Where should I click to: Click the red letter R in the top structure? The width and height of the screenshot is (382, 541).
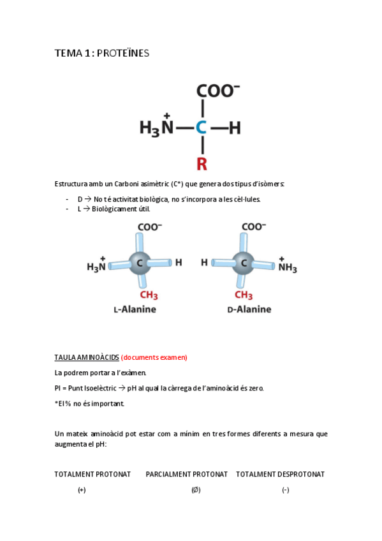pos(202,164)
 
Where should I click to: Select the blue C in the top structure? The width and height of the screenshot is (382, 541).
pos(201,128)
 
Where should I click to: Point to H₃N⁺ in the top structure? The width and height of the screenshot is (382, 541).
pos(157,128)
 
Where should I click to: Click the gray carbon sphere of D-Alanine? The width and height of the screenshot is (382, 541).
pos(243,262)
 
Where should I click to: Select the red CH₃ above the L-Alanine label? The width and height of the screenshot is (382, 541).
pos(148,295)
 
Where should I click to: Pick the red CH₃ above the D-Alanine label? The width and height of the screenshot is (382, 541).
pos(244,295)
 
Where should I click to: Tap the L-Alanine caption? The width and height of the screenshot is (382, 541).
pos(135,309)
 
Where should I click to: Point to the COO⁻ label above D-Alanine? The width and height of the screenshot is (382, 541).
pos(253,226)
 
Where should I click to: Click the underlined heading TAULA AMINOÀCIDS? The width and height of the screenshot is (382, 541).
pos(87,357)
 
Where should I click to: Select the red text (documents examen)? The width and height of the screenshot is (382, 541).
pos(154,357)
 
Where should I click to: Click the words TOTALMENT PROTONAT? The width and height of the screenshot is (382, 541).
pos(92,474)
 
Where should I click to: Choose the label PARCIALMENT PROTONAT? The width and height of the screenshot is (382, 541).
pos(186,474)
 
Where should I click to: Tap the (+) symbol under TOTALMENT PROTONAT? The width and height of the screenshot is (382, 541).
pos(82,490)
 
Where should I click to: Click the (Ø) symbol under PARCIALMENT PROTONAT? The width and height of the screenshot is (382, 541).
pos(196,490)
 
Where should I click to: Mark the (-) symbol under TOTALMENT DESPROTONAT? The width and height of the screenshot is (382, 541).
pos(285,490)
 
